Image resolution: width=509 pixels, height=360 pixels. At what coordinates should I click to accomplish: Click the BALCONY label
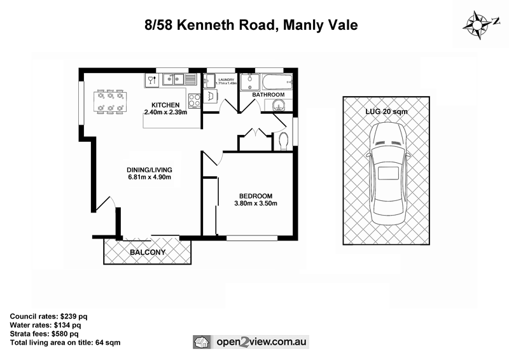(148, 253)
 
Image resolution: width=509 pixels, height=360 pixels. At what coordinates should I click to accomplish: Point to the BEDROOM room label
(256, 195)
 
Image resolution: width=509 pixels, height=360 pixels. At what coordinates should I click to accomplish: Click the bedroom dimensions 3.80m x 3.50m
(256, 204)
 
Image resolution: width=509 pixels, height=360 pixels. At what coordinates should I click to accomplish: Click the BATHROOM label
(268, 95)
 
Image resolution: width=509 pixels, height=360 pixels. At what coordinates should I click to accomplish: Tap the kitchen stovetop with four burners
(195, 100)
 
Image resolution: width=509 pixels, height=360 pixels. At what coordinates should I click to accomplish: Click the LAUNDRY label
(226, 78)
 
